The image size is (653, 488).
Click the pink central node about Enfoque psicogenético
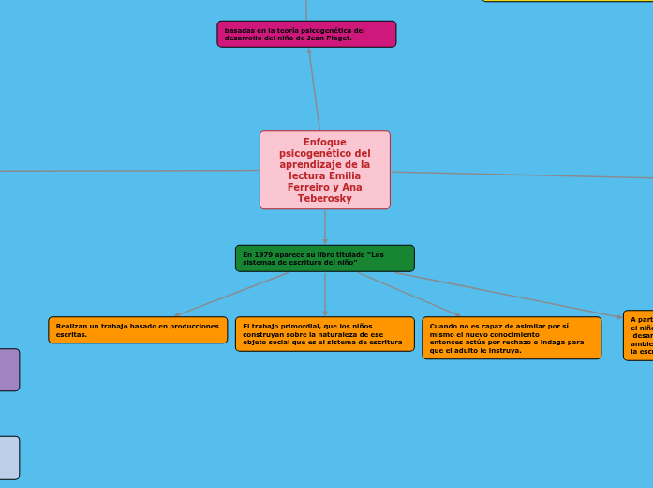point(324,170)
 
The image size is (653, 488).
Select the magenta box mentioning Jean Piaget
point(306,34)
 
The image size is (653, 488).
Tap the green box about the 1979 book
point(324,258)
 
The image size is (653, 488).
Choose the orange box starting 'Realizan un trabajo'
point(138,329)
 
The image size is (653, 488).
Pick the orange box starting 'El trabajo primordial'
point(324,334)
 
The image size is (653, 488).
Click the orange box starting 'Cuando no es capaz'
point(511,338)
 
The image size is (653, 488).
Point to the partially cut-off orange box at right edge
point(638,335)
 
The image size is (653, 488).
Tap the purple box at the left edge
point(8,370)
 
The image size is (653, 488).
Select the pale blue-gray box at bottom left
point(8,457)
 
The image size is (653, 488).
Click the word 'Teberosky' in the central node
point(324,199)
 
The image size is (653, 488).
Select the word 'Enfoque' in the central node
point(324,143)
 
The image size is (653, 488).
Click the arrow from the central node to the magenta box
point(314,88)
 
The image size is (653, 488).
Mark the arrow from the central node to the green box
point(324,227)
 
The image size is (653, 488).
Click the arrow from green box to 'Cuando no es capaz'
point(408,295)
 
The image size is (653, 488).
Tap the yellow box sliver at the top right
point(567,1)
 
